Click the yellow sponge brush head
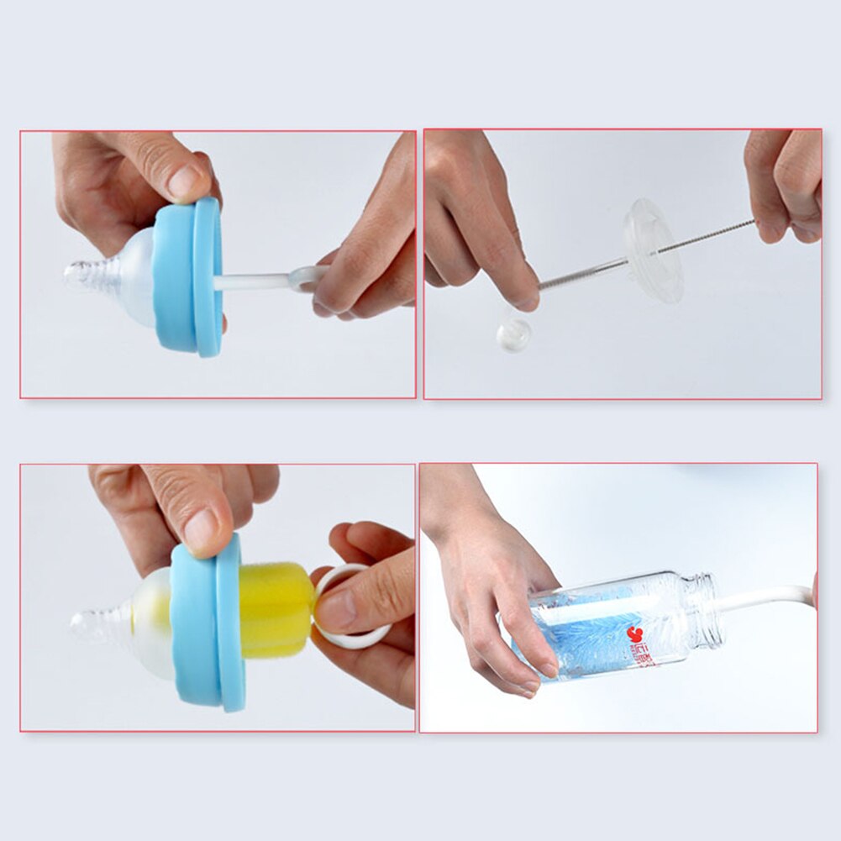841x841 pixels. [276, 608]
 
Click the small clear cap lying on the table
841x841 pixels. [512, 334]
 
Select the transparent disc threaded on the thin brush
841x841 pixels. [653, 250]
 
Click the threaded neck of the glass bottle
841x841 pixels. [704, 611]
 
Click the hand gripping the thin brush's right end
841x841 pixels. [786, 185]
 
